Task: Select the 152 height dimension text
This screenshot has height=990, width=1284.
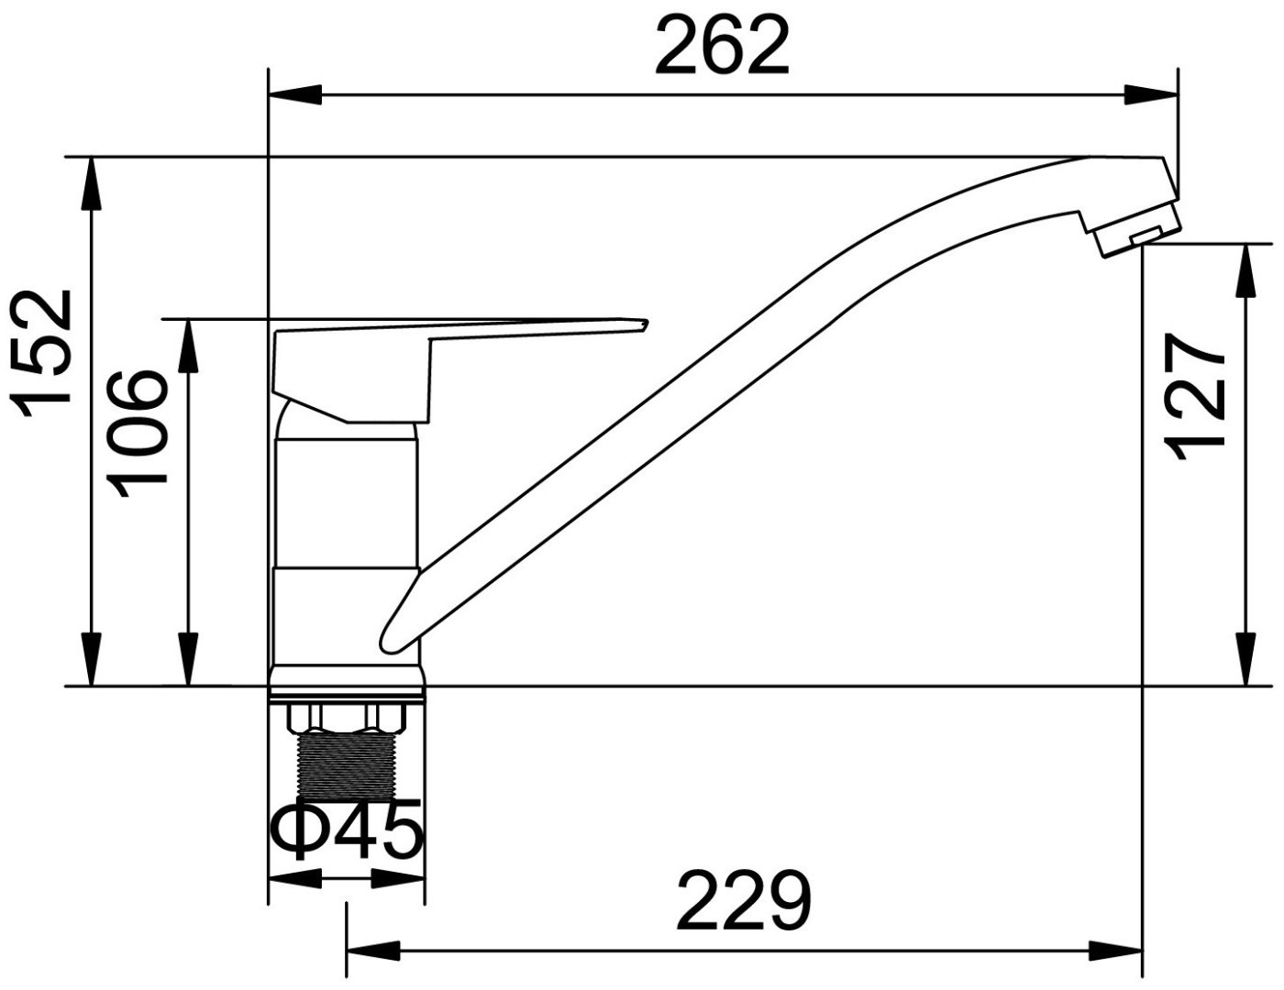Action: pos(43,353)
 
